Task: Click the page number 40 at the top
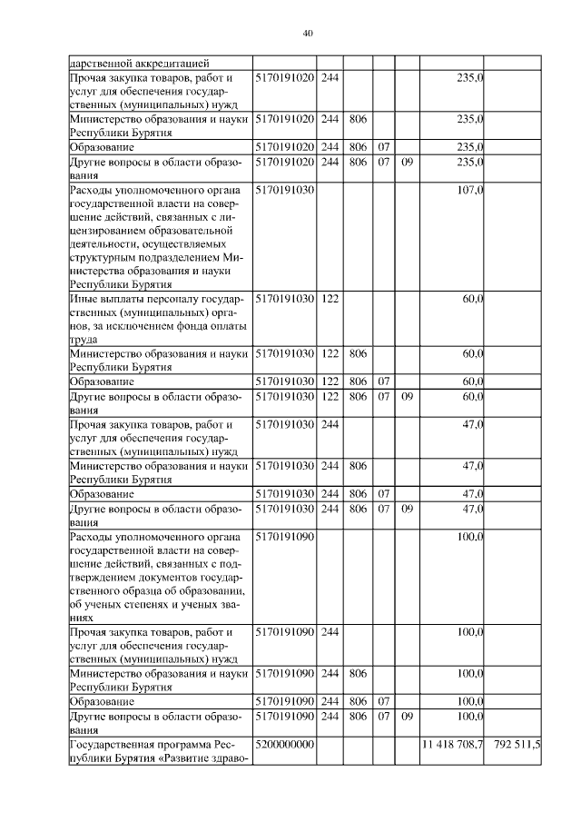[307, 34]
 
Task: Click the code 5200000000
[284, 744]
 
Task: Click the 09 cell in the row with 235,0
[407, 162]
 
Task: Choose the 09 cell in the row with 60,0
[407, 395]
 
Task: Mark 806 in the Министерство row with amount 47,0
[358, 466]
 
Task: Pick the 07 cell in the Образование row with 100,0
[383, 701]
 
